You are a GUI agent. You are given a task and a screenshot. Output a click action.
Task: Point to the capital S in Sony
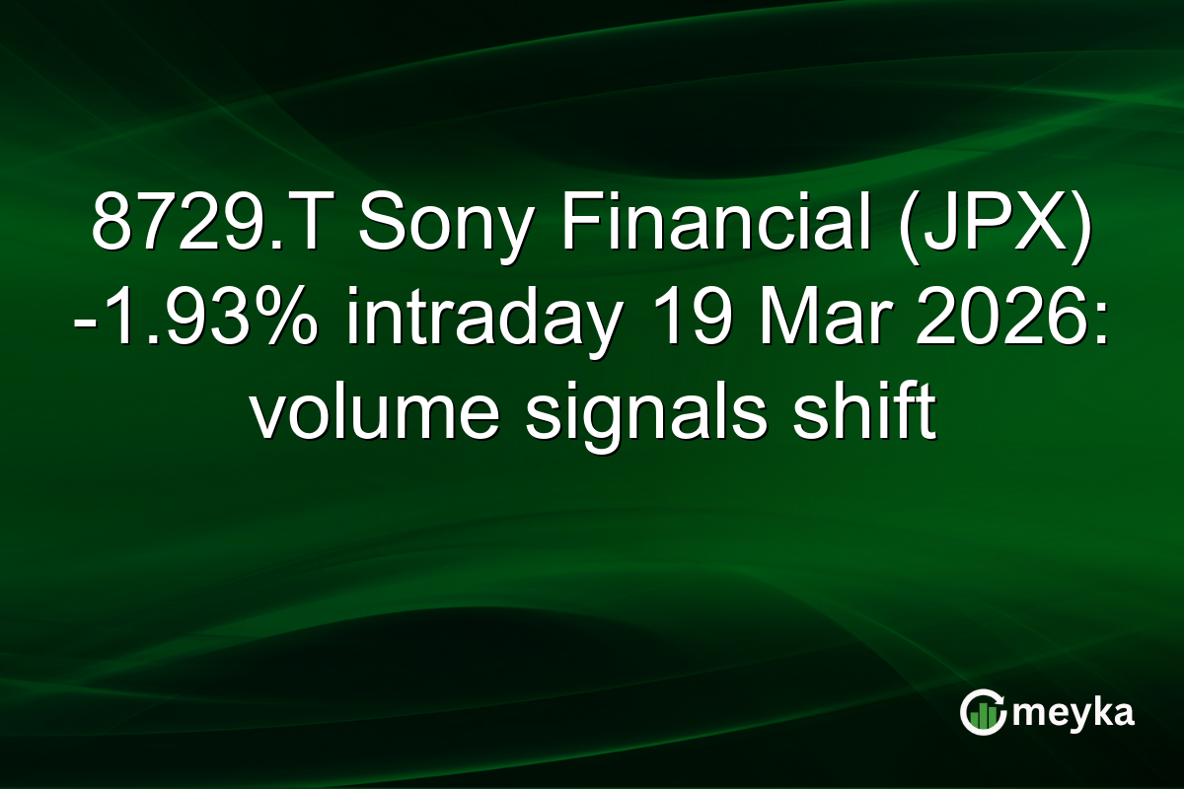click(379, 226)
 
